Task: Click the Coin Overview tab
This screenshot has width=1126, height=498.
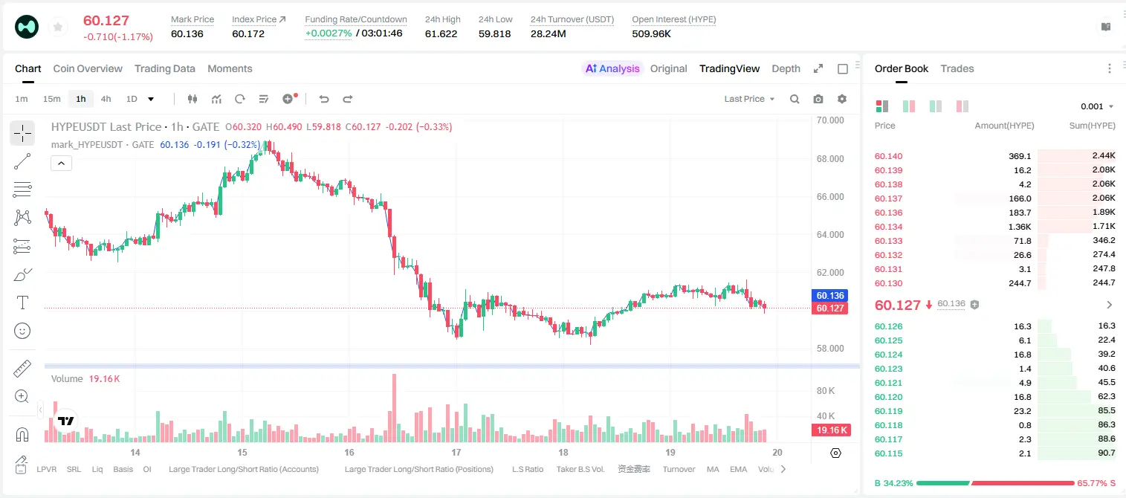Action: pyautogui.click(x=88, y=68)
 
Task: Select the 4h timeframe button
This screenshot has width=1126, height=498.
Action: pyautogui.click(x=106, y=99)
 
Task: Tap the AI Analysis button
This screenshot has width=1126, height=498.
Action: pyautogui.click(x=612, y=68)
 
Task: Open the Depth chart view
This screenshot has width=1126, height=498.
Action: pyautogui.click(x=786, y=68)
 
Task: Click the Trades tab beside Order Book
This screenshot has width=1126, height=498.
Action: pyautogui.click(x=957, y=68)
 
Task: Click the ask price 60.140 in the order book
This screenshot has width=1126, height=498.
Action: pyautogui.click(x=888, y=156)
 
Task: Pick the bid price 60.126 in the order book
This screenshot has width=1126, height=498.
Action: pyautogui.click(x=888, y=326)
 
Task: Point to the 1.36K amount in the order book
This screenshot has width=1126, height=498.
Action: pyautogui.click(x=1020, y=227)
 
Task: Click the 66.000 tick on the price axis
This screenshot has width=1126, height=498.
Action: pyautogui.click(x=830, y=196)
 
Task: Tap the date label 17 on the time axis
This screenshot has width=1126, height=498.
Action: pyautogui.click(x=456, y=452)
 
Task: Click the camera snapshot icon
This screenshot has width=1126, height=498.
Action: pyautogui.click(x=818, y=99)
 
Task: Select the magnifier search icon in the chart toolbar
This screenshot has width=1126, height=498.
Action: pyautogui.click(x=795, y=99)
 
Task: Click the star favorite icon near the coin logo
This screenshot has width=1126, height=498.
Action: pyautogui.click(x=58, y=27)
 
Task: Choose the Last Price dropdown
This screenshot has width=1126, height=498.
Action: pyautogui.click(x=749, y=99)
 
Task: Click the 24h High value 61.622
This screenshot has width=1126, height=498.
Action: pyautogui.click(x=441, y=33)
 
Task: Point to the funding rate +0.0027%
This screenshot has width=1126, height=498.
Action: pyautogui.click(x=329, y=33)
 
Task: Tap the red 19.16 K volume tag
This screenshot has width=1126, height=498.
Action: pyautogui.click(x=831, y=430)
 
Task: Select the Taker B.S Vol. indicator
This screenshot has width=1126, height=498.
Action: pyautogui.click(x=580, y=469)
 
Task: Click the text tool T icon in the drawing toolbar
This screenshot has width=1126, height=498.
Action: pyautogui.click(x=22, y=303)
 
